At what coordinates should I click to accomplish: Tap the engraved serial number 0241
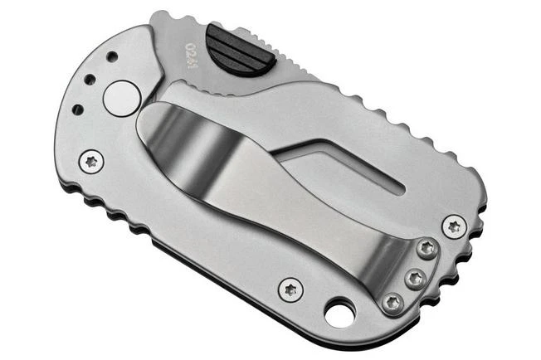[192, 51]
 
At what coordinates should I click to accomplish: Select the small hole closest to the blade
[111, 56]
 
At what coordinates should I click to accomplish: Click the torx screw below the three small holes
[91, 160]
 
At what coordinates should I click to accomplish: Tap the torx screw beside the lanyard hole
[290, 289]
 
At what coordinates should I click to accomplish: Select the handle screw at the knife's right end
[454, 226]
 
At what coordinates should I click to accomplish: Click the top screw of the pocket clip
[426, 246]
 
